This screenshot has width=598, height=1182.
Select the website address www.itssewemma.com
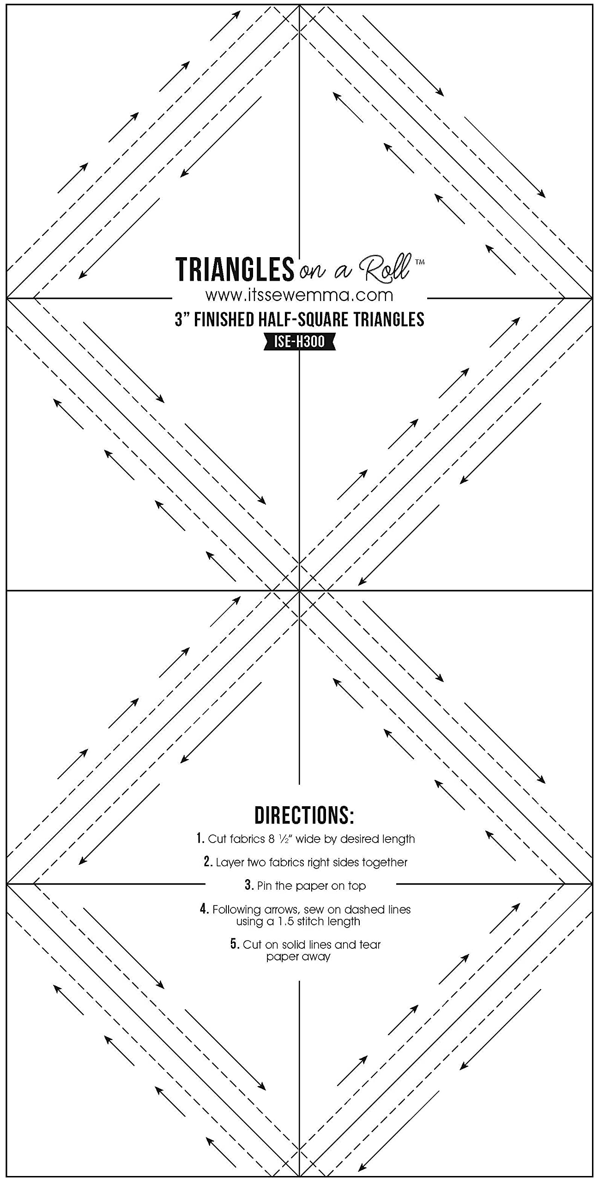(299, 295)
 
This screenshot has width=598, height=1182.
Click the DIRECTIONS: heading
(304, 815)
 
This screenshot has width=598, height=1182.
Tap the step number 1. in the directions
(200, 838)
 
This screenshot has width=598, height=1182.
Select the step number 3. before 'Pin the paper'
(249, 885)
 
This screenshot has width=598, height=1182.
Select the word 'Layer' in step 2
(230, 862)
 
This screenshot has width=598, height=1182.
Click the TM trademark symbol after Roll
(420, 262)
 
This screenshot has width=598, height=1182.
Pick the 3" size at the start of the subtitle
(182, 320)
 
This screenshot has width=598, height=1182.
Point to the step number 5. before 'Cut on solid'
(235, 944)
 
